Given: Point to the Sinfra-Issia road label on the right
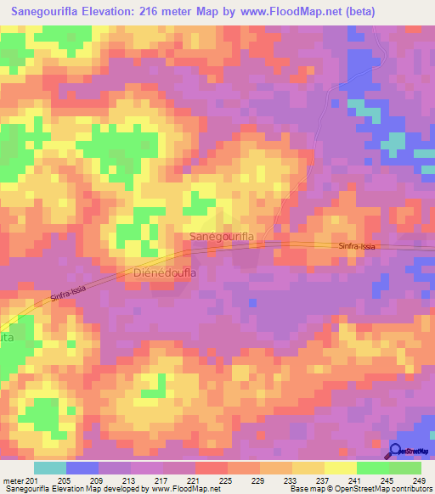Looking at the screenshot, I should tap(356, 245).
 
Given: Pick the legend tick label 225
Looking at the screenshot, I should tap(227, 480).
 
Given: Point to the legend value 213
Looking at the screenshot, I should tap(130, 480).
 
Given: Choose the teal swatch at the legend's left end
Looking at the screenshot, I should tap(50, 468).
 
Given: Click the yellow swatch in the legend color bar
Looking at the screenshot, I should tap(340, 468).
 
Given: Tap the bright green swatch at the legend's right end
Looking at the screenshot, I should tap(404, 468).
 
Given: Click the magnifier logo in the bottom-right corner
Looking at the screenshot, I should tap(396, 451).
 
